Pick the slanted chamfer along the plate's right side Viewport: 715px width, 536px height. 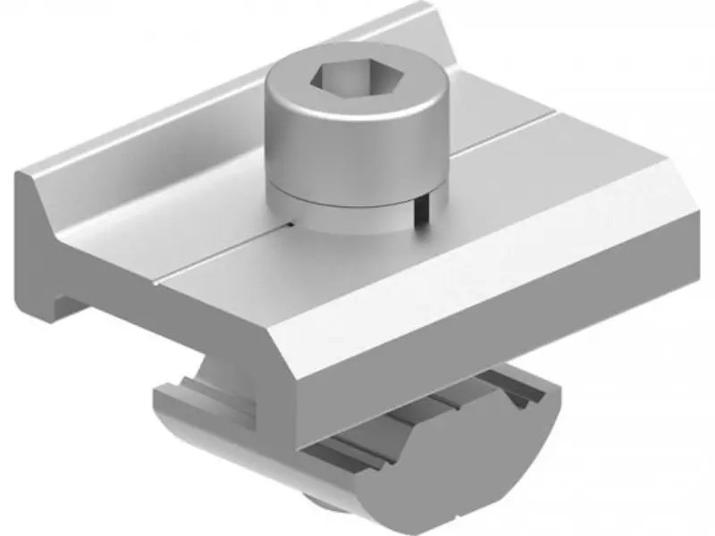click(x=500, y=286)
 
